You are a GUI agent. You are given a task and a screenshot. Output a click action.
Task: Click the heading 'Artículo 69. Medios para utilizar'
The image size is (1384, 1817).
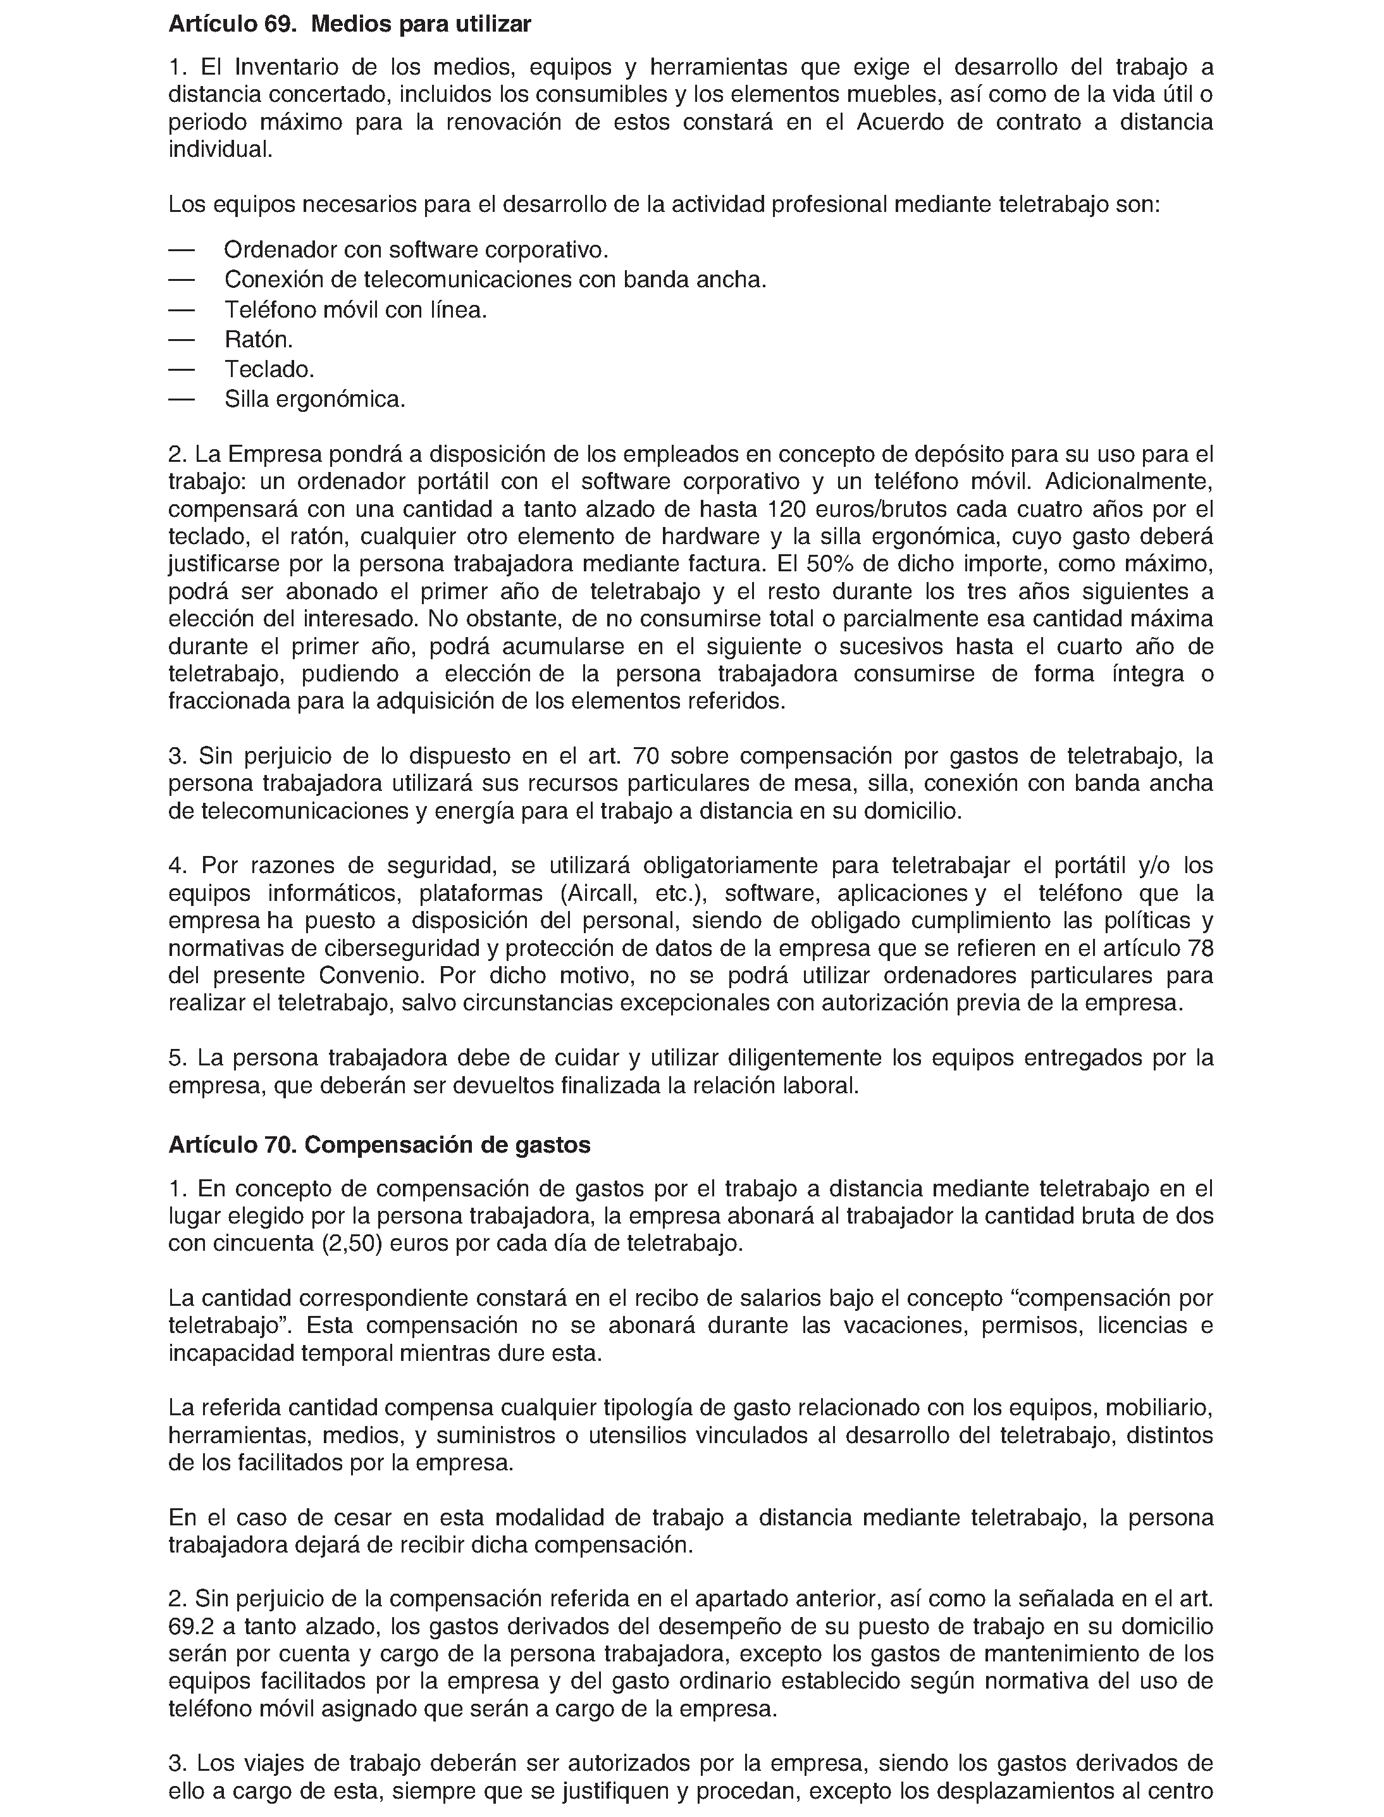coord(349,24)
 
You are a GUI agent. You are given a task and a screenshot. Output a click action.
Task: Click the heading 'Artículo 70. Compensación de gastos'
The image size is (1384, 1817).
coord(379,1144)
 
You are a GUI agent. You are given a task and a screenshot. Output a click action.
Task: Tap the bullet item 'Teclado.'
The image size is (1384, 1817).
coord(269,369)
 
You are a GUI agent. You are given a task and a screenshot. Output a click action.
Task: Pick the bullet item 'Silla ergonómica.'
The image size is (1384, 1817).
coord(315,400)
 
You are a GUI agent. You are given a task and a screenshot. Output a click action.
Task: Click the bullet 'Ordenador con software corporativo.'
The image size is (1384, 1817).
coord(416,249)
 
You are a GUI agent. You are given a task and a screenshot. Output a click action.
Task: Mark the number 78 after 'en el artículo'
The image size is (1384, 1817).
coord(1201,948)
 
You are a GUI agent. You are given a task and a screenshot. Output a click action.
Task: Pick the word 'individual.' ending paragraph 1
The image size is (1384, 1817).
coord(220,150)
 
